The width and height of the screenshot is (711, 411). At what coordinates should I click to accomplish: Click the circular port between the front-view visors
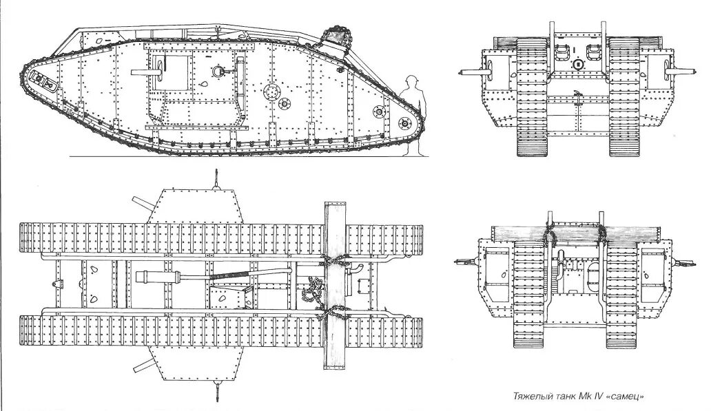pyautogui.click(x=577, y=64)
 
